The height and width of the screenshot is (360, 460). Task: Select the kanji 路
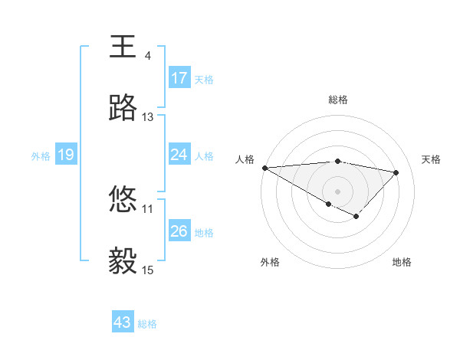pos(123,109)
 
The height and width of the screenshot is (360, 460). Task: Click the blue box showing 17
pos(179,78)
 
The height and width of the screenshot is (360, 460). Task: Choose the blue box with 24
pos(179,155)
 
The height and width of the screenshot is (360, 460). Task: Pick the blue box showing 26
pos(179,231)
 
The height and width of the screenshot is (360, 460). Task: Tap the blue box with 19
pos(65,155)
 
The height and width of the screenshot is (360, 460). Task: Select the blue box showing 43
pos(123,322)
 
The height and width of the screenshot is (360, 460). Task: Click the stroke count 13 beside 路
pos(148,117)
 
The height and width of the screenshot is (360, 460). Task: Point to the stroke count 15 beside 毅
pos(148,270)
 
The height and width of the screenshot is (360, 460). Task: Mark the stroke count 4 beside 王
pos(147,55)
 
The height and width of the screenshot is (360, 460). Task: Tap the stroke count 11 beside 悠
pos(148,208)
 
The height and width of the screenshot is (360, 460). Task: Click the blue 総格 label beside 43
pos(147,324)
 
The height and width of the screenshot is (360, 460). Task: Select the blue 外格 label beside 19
pos(41,155)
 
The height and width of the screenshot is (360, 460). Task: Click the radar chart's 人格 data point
pos(264,168)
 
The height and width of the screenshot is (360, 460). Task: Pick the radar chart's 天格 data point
pos(396,172)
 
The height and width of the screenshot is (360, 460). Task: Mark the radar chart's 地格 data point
pos(356,217)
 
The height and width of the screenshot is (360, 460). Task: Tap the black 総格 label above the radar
pos(338,100)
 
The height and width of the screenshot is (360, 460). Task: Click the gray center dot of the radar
pos(337,191)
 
